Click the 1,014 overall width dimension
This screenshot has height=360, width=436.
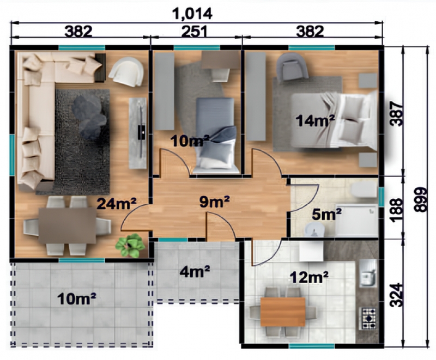[x=192, y=14]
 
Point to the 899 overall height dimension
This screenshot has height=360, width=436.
[x=420, y=200]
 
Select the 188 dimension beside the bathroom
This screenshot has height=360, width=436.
[x=396, y=210]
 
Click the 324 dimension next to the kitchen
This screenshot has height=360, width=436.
[x=396, y=295]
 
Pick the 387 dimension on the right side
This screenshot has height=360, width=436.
[x=396, y=114]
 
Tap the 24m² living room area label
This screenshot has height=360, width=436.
[x=117, y=204]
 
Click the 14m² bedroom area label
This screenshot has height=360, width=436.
[x=315, y=121]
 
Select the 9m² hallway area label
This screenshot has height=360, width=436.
[x=214, y=202]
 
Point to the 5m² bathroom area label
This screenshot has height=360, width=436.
[x=326, y=214]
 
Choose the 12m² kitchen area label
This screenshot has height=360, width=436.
[x=309, y=277]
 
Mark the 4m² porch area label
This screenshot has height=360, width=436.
[x=195, y=271]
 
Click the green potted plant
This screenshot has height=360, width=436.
[x=130, y=245]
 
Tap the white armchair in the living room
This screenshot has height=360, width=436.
[x=126, y=71]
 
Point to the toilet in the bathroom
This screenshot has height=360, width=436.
[x=364, y=190]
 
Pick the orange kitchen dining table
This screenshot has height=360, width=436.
[x=283, y=312]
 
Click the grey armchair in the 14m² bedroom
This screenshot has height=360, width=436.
[x=292, y=67]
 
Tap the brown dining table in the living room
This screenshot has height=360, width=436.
[x=67, y=225]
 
